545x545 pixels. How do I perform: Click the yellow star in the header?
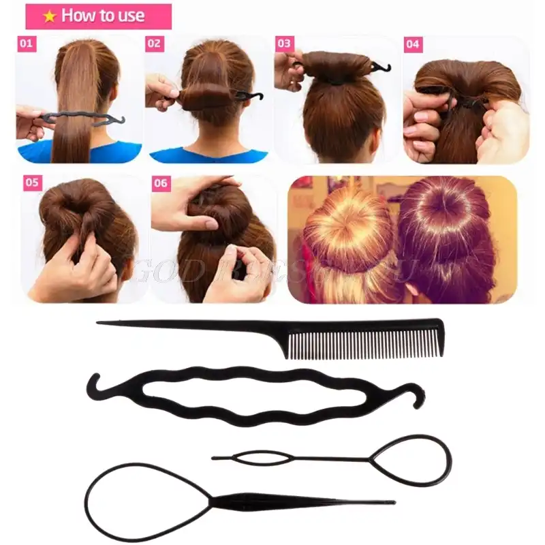point(49,16)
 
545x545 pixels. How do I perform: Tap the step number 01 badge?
point(27,44)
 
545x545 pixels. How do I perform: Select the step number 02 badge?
point(155,44)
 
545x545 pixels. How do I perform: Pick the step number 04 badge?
point(413,44)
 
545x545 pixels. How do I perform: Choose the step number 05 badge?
point(32,183)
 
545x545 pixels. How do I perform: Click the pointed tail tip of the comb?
point(99,323)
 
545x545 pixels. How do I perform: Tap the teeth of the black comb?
point(364,345)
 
